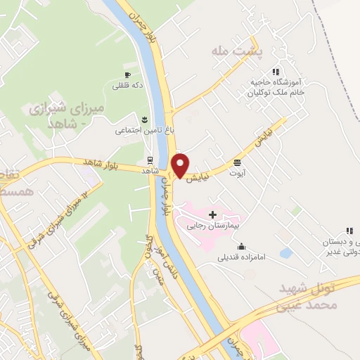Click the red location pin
click(x=181, y=165)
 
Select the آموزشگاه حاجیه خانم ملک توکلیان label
click(x=278, y=86)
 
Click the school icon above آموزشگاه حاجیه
click(x=277, y=71)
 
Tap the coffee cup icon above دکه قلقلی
click(x=127, y=75)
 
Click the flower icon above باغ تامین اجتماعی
click(x=145, y=118)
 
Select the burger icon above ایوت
click(x=238, y=161)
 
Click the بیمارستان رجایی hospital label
click(x=213, y=226)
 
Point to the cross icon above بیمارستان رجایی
click(x=213, y=214)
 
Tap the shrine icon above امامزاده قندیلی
click(x=242, y=246)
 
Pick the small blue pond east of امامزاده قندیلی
click(x=286, y=252)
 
